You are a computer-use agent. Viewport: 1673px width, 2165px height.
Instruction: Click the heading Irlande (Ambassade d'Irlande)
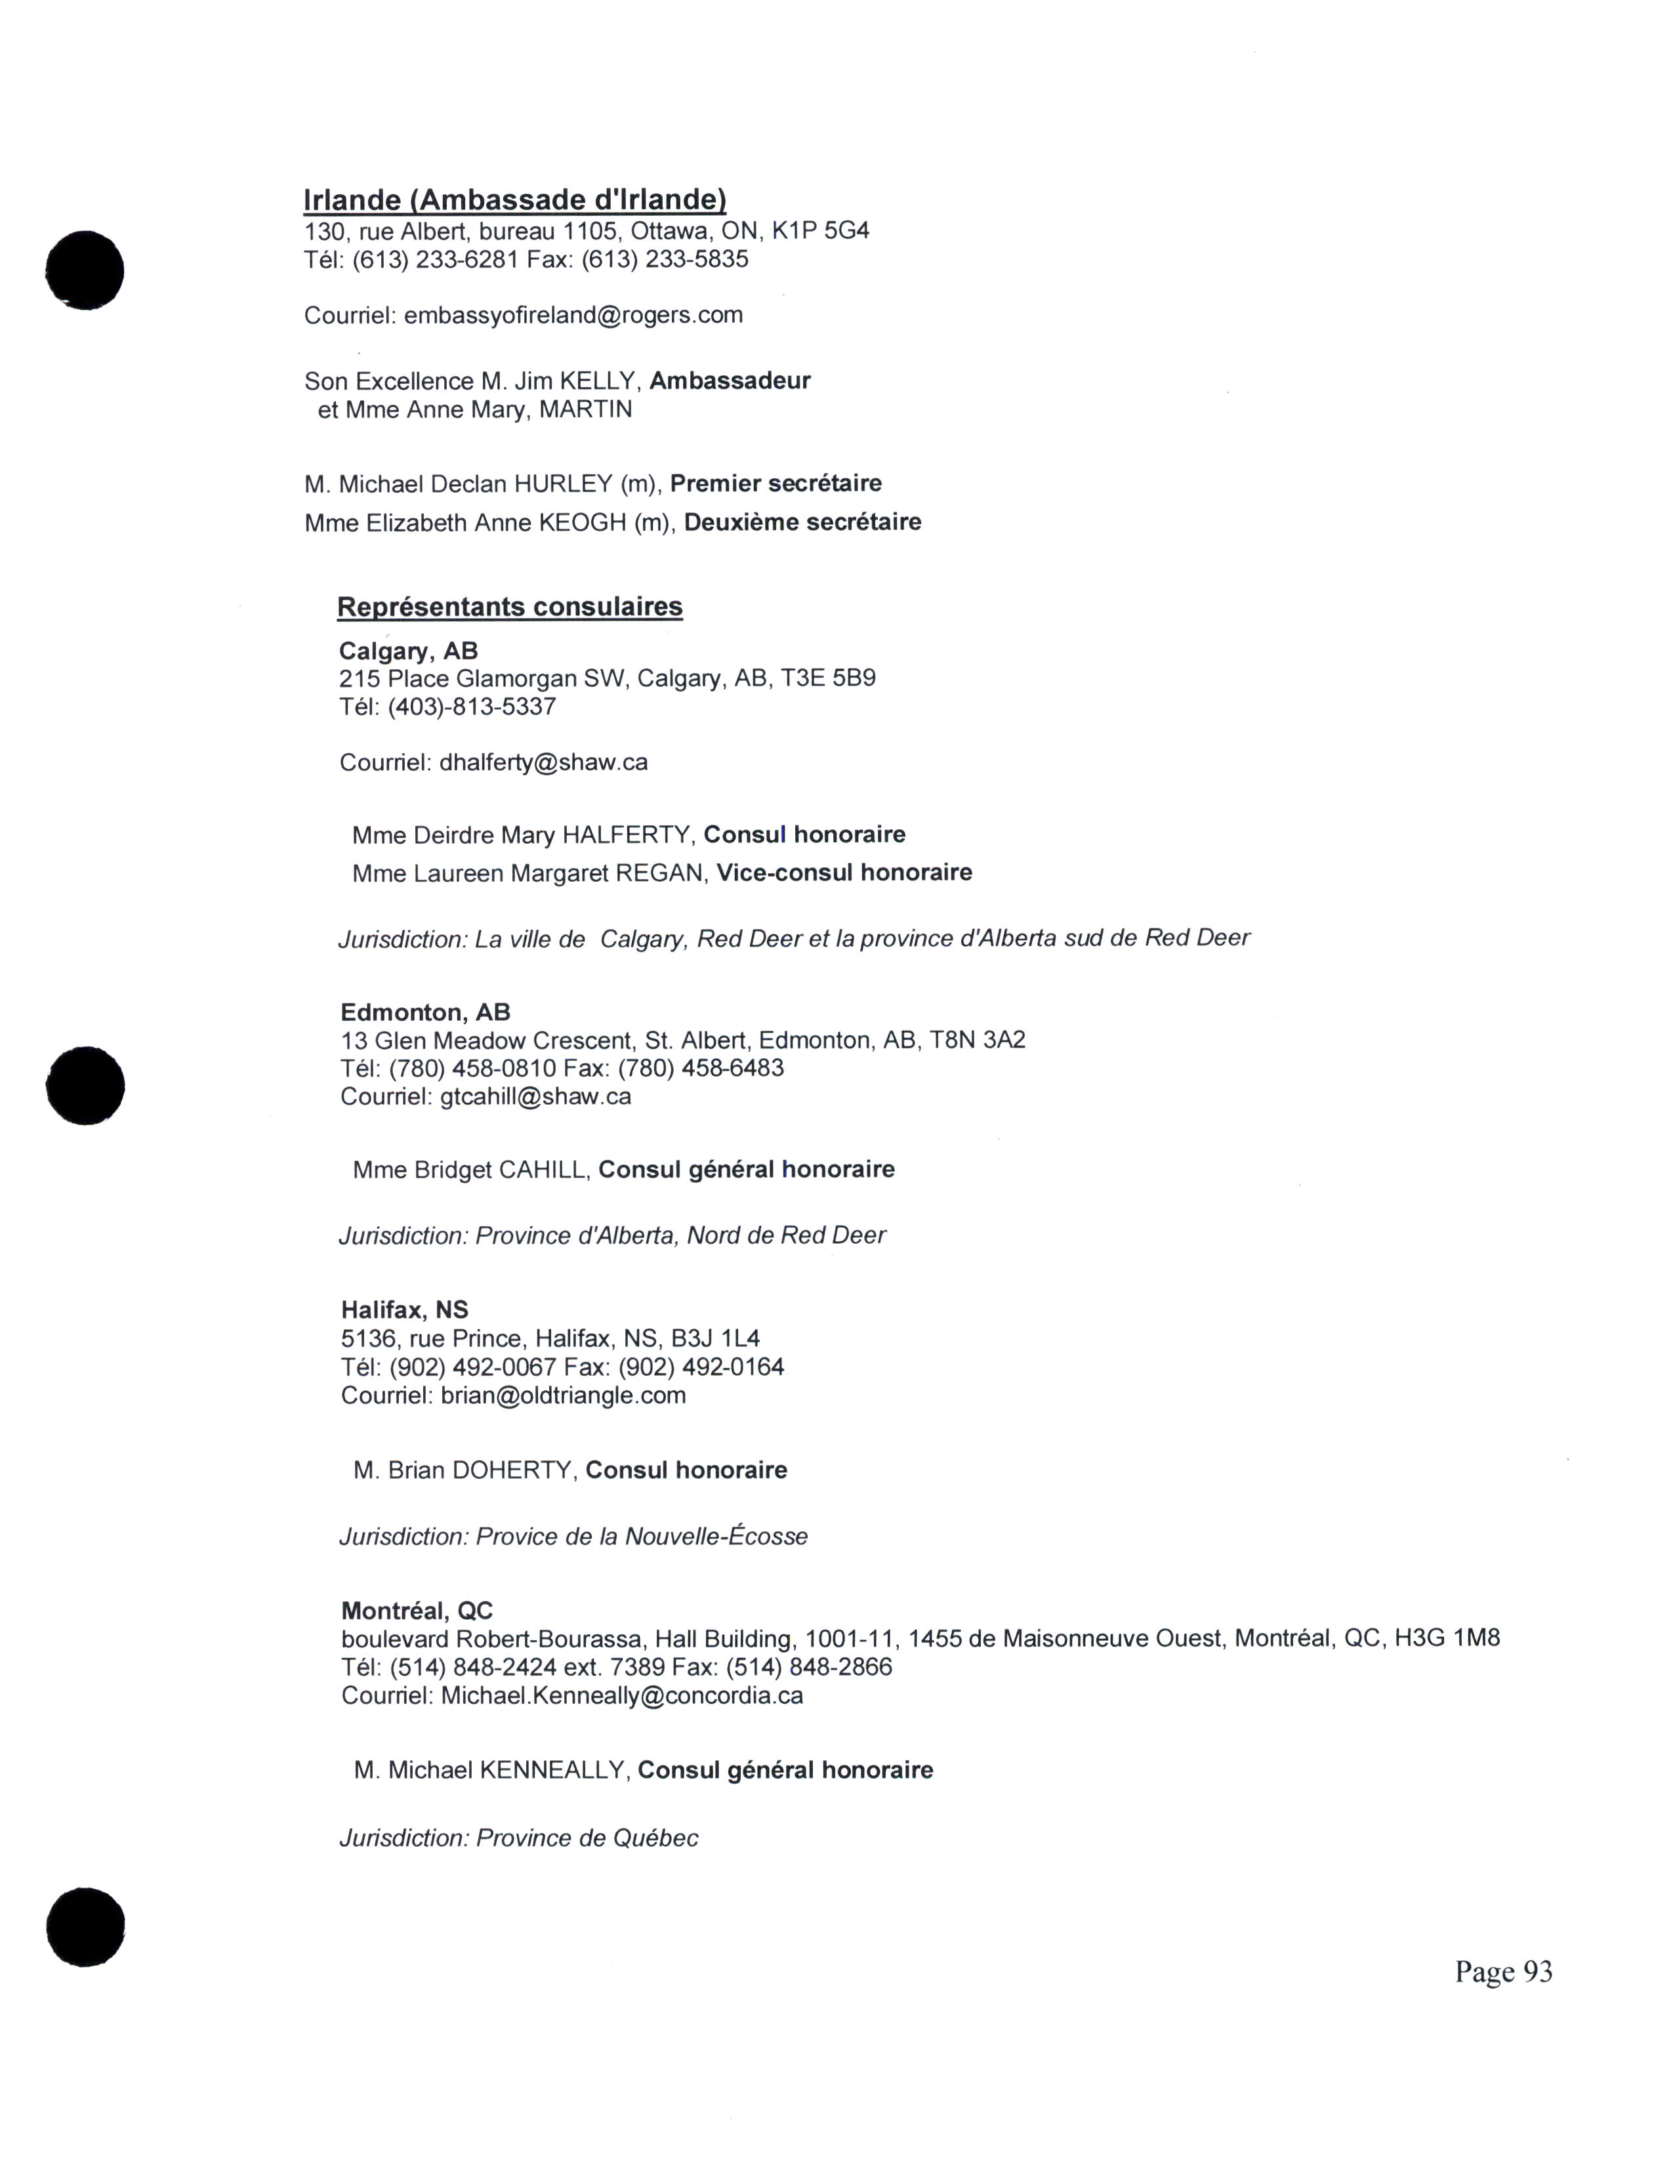(x=514, y=200)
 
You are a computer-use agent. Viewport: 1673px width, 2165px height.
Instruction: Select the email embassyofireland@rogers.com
(x=573, y=315)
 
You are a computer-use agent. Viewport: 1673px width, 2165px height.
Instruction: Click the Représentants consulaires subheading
(x=509, y=607)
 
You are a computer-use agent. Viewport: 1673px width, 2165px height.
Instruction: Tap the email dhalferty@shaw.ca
(x=543, y=762)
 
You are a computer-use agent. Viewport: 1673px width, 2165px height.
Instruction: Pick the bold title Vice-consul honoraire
(x=844, y=873)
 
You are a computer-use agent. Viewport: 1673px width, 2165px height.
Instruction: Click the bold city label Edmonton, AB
(x=425, y=1012)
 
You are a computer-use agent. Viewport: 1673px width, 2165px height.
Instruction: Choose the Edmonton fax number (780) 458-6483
(x=701, y=1069)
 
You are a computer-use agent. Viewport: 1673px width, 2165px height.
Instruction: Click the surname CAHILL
(x=542, y=1170)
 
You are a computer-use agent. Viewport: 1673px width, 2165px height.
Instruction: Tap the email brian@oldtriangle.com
(x=563, y=1395)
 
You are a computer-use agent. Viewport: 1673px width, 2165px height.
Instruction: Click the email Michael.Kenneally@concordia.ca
(x=621, y=1696)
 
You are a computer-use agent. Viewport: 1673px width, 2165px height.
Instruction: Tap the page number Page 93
(x=1502, y=1971)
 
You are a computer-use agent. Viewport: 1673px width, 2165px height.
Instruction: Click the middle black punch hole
(x=85, y=1086)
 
